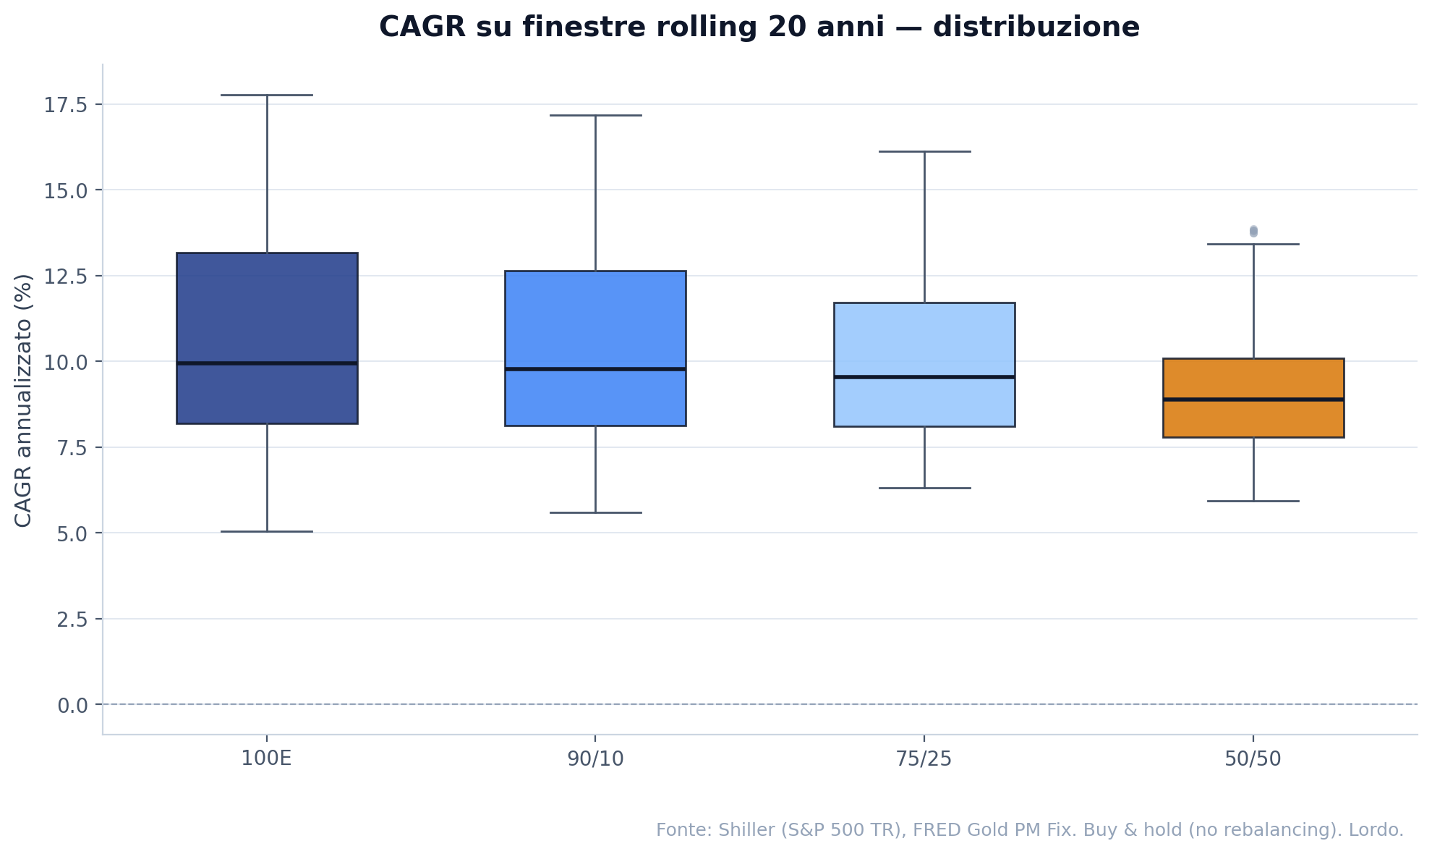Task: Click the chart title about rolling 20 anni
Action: (x=759, y=28)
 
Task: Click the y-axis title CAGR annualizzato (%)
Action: (x=23, y=400)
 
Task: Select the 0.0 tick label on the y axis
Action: (x=72, y=705)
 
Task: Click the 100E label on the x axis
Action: (x=266, y=759)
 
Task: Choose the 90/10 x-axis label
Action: (x=595, y=759)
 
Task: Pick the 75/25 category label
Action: (x=924, y=759)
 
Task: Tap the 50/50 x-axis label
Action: (x=1253, y=759)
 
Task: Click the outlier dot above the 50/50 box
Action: (x=1253, y=231)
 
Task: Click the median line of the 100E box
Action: (x=267, y=363)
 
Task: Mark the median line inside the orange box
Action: (x=1253, y=399)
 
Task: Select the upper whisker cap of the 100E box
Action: (x=267, y=95)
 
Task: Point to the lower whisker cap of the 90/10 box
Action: (x=595, y=512)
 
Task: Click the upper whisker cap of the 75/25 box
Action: (x=924, y=152)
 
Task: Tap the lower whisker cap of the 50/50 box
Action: (x=1253, y=501)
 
